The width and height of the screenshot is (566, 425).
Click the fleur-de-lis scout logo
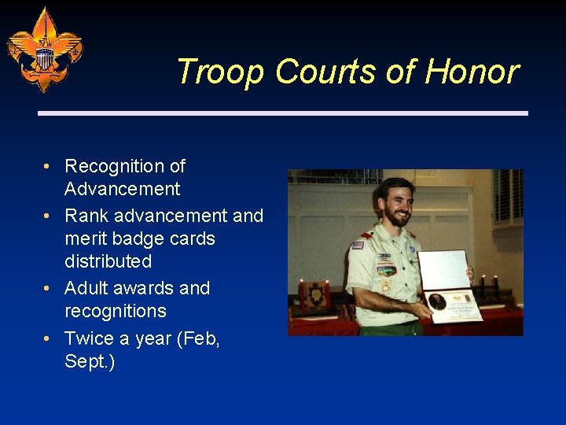point(45,49)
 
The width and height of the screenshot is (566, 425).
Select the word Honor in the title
point(472,72)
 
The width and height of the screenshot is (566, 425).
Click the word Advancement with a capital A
point(122,189)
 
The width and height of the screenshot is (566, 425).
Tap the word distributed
point(108,261)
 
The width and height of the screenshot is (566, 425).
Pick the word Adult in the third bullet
point(86,288)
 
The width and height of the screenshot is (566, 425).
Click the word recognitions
point(115,311)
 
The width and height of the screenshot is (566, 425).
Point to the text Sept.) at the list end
point(90,362)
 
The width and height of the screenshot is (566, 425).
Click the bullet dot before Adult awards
point(48,289)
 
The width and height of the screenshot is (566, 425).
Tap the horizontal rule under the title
point(283,113)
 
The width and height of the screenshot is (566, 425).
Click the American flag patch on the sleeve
point(358,245)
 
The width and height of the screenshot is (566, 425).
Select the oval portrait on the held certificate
point(437,301)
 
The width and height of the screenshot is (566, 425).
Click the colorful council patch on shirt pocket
point(386,270)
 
